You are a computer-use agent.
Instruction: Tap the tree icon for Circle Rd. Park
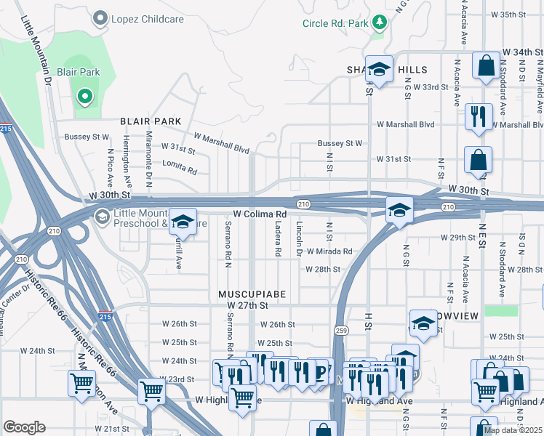[x=379, y=23]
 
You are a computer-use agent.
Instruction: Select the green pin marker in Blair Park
[x=85, y=96]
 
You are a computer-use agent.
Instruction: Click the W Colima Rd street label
[x=260, y=214]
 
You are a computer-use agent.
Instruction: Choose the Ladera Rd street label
[x=278, y=239]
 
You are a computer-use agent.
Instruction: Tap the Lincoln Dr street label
[x=298, y=239]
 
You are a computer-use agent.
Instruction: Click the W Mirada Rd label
[x=329, y=251]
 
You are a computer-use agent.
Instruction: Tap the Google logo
[x=24, y=427]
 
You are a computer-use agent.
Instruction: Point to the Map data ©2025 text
[x=512, y=430]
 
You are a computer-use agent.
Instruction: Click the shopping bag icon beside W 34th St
[x=485, y=67]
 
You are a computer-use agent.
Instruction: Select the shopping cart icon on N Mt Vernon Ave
[x=81, y=382]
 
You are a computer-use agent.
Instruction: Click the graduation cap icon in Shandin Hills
[x=379, y=70]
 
